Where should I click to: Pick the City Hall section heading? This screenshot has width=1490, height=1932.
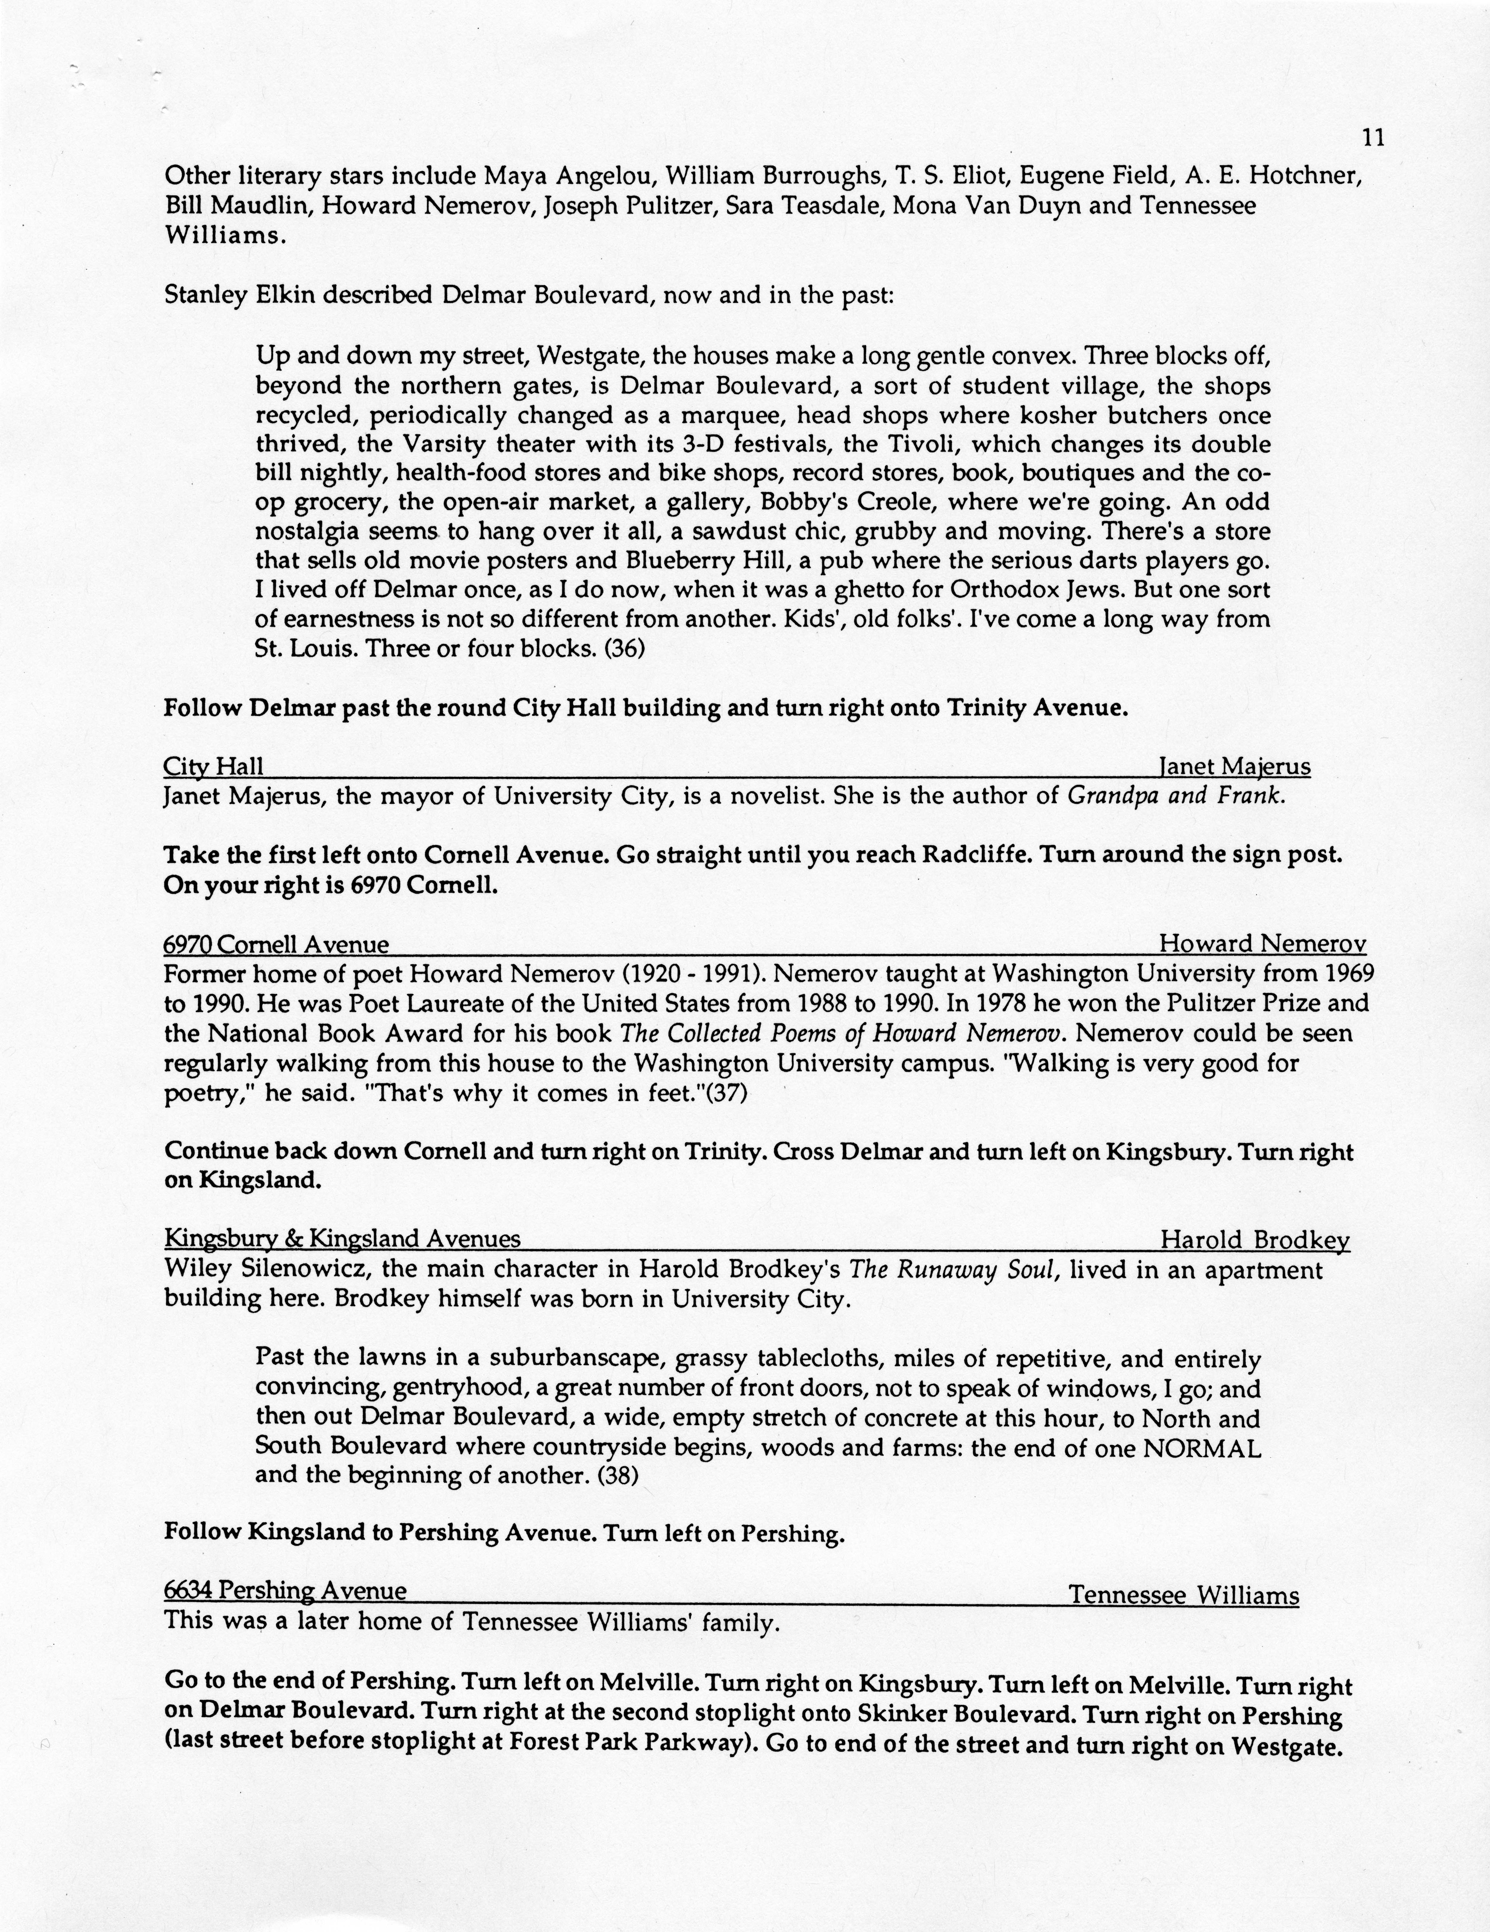(213, 767)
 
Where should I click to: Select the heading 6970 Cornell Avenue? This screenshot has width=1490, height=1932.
(276, 945)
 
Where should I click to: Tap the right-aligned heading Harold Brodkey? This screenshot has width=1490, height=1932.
(1255, 1240)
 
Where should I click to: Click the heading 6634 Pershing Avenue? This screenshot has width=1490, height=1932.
(285, 1591)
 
